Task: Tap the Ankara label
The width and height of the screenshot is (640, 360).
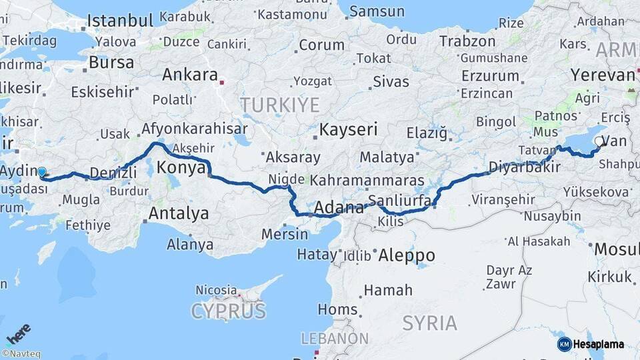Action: point(190,75)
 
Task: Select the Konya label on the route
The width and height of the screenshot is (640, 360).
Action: point(181,168)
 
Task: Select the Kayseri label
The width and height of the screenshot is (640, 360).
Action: point(349,129)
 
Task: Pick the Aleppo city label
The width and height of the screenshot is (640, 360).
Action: point(407,255)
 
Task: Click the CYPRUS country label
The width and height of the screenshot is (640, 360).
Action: point(229,311)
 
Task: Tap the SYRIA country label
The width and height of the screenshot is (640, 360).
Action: point(430,323)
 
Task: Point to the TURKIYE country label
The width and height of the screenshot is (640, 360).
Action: point(280,105)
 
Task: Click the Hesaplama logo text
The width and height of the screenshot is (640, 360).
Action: point(598,344)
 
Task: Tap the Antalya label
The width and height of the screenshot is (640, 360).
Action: point(179,214)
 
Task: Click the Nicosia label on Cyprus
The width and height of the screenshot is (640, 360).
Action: point(216,291)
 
